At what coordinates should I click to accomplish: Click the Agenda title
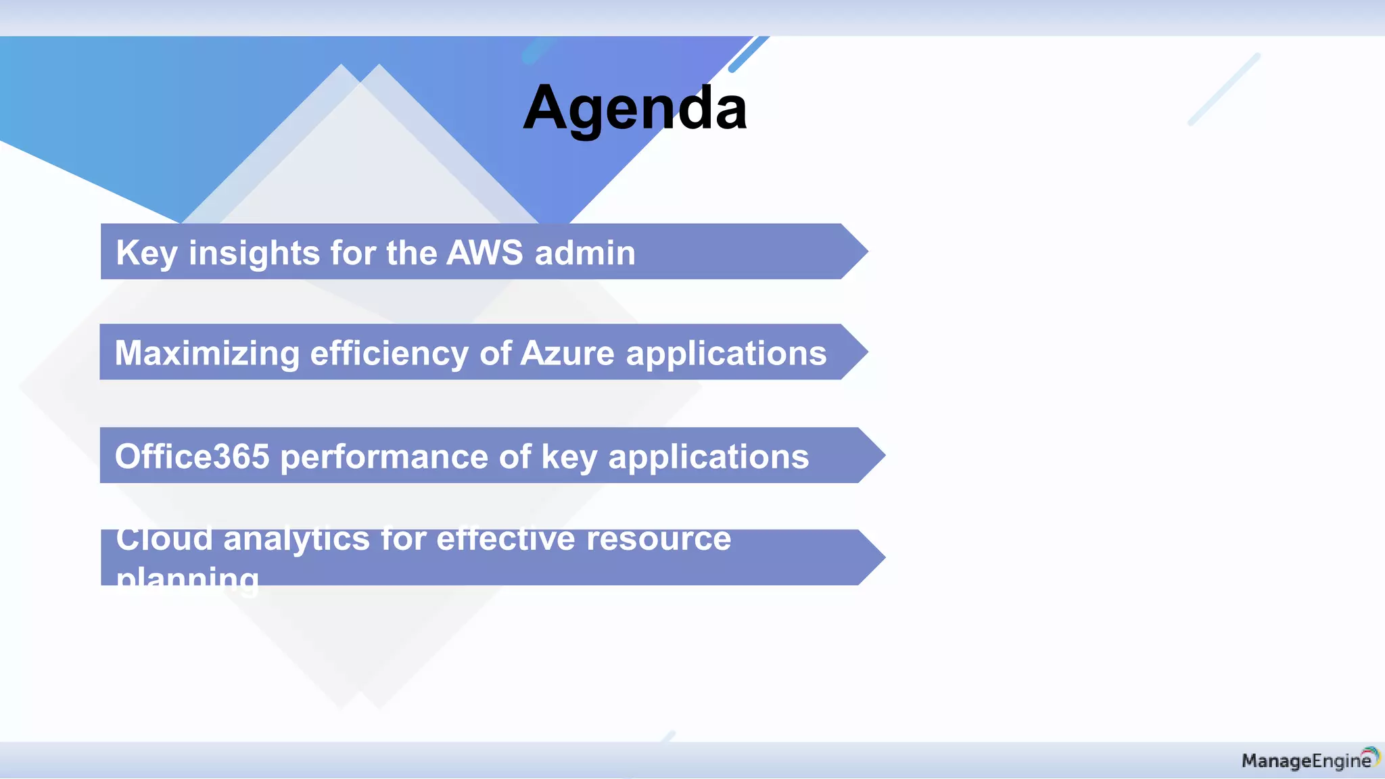[x=635, y=108]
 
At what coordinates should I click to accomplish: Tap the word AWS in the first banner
[x=484, y=253]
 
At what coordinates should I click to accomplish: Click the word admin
[x=585, y=253]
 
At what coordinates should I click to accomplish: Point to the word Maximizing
[x=207, y=354]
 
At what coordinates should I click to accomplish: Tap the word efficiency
[x=389, y=354]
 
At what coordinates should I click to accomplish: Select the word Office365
[x=192, y=456]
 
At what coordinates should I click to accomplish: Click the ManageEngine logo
[x=1309, y=760]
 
